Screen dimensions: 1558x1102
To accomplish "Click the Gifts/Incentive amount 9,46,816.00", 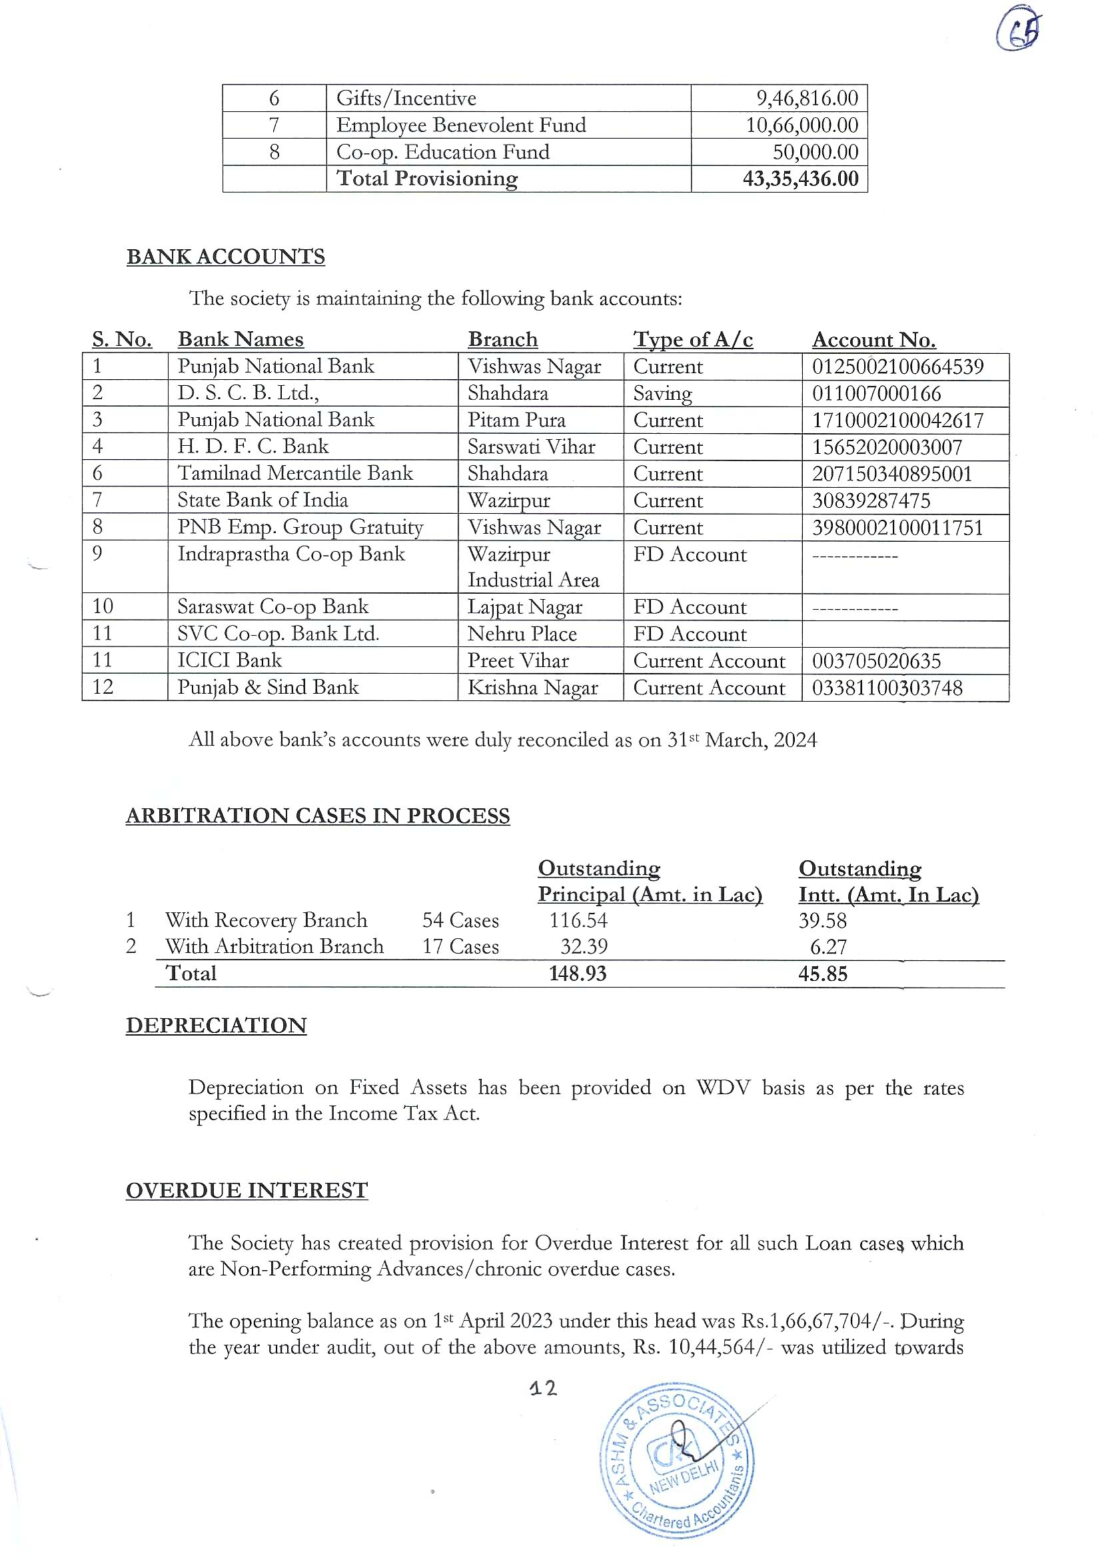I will [x=807, y=99].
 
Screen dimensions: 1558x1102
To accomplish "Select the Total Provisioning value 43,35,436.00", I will [x=800, y=179].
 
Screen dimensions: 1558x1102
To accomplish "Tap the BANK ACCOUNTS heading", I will [x=225, y=257].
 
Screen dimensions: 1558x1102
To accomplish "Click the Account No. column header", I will [x=873, y=340].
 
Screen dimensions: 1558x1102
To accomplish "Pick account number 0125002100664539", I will [x=897, y=367].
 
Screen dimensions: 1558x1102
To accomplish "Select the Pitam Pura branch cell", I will [x=516, y=420].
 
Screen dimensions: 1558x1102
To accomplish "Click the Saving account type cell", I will [x=662, y=394].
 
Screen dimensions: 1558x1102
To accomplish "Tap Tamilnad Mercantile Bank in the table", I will [x=294, y=474].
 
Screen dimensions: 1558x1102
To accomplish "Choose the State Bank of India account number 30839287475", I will [x=871, y=501].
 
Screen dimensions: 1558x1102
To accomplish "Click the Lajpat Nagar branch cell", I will [x=524, y=607].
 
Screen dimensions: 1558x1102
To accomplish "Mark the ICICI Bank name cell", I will [x=229, y=660].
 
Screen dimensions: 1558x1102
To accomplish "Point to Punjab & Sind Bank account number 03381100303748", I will [x=887, y=688].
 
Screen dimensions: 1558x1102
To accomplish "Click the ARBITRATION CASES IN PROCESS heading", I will [x=318, y=816].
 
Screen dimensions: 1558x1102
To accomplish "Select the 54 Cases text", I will [x=460, y=921].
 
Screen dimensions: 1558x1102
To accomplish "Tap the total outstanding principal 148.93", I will [x=578, y=974].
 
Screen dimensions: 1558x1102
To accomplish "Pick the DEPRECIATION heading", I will [x=216, y=1026].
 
